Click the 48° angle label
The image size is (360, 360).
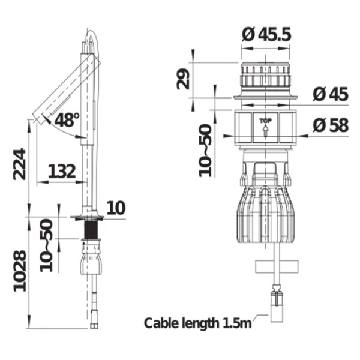click(67, 120)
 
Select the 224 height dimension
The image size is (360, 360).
click(19, 164)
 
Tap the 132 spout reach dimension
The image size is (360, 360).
click(62, 171)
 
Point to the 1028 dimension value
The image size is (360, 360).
click(20, 271)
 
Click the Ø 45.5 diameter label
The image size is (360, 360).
click(266, 35)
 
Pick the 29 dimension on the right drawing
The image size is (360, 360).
click(183, 79)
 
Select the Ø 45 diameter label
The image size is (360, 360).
click(331, 94)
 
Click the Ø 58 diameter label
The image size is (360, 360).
click(331, 125)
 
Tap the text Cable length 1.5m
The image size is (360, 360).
click(197, 323)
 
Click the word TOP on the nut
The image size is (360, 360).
click(265, 121)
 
